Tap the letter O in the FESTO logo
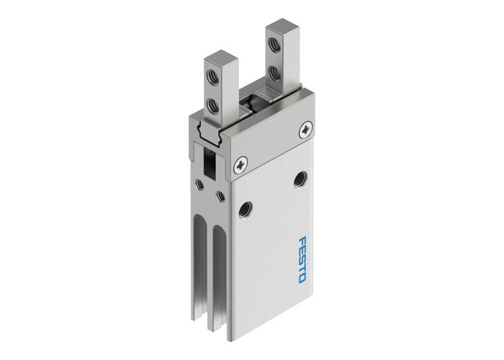tap(305, 277)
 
